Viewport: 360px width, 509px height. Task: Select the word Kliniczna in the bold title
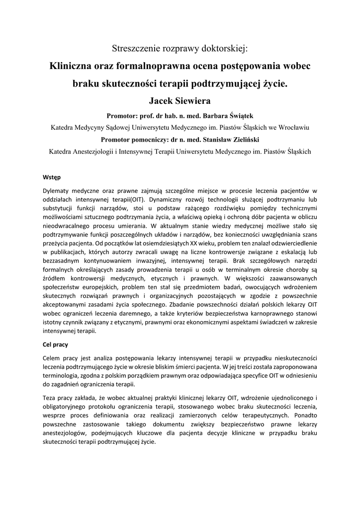(72, 66)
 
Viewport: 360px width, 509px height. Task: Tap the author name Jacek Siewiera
(180, 101)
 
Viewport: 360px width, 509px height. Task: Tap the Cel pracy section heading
(55, 344)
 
